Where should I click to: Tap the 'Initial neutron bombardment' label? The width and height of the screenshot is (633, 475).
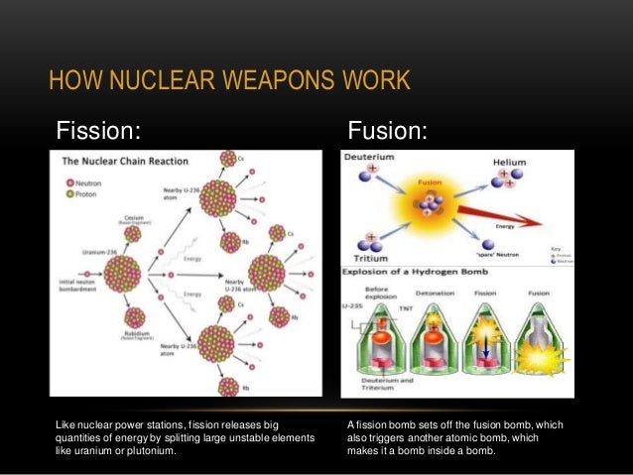point(81,287)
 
